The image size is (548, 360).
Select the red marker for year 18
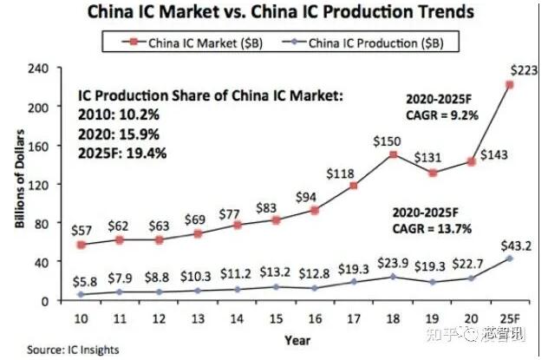coord(394,154)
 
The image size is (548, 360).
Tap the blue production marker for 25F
coord(509,259)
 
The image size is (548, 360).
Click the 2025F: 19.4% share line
coord(125,154)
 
